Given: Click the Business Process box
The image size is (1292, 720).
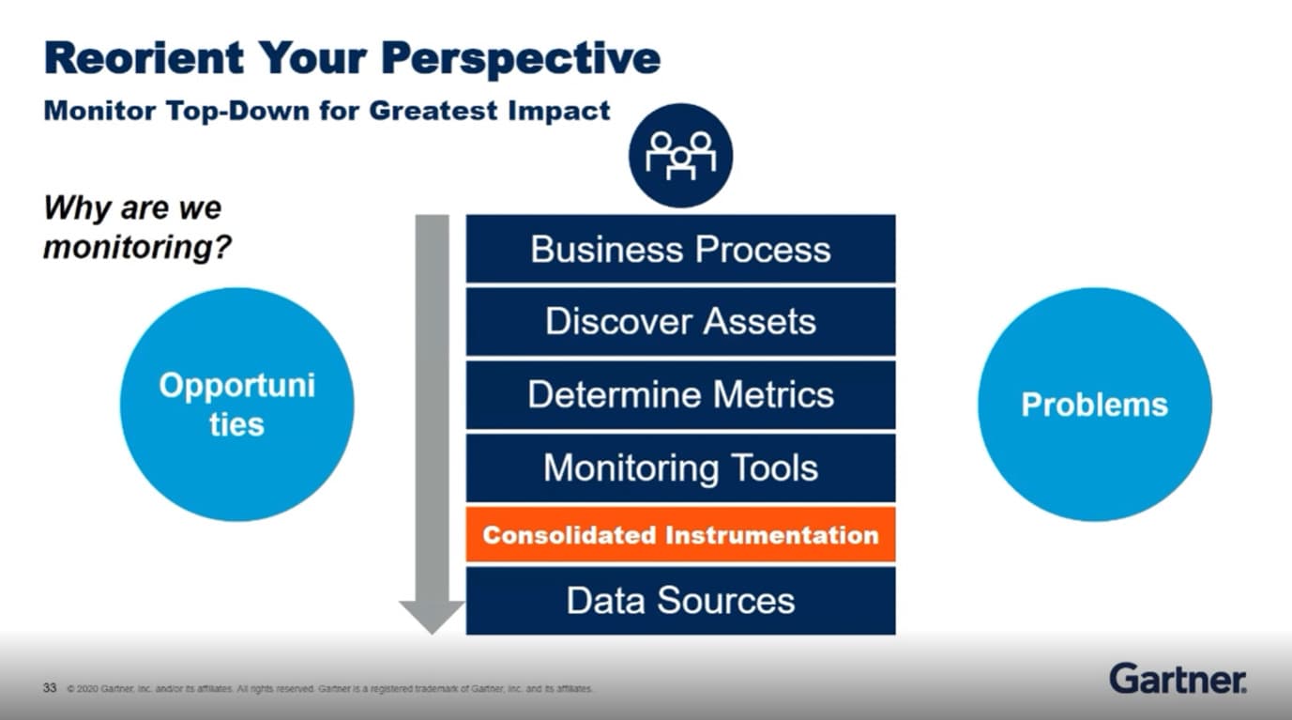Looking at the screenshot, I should tap(680, 249).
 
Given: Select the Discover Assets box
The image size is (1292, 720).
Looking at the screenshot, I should tap(680, 321).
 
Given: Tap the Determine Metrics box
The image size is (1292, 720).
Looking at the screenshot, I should tap(680, 394).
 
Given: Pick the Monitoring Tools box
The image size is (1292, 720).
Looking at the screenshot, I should tap(680, 467).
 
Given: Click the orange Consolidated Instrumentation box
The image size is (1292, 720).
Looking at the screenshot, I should tap(680, 535).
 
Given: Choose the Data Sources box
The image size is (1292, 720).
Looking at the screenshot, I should tap(680, 601).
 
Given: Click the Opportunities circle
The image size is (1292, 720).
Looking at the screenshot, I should tap(236, 405).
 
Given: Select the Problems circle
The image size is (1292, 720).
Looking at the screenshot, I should tap(1094, 405).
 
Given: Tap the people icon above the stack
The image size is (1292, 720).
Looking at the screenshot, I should tap(680, 155).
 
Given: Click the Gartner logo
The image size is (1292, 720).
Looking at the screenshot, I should tap(1178, 678).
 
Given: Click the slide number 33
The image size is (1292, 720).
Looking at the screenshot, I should tap(50, 688).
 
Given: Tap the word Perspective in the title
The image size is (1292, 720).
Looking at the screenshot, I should tap(526, 58).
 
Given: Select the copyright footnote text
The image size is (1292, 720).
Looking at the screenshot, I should tap(328, 689).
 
